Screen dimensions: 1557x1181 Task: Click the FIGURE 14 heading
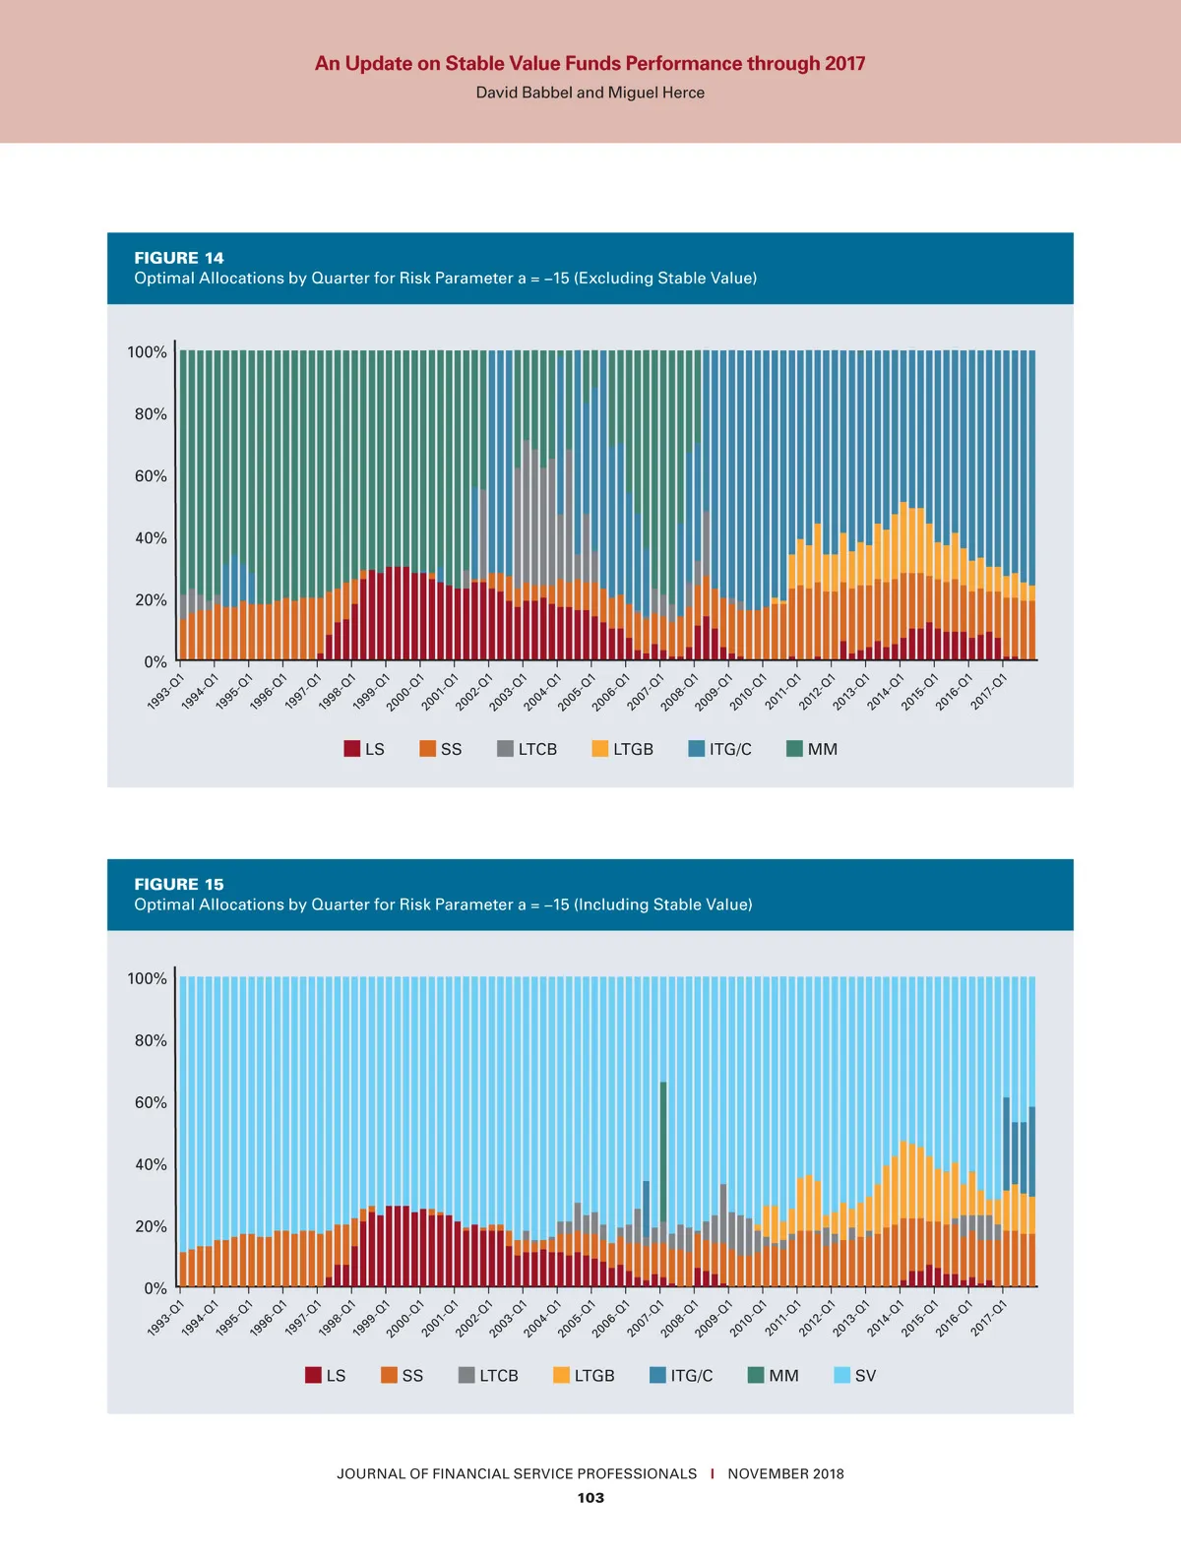pyautogui.click(x=179, y=258)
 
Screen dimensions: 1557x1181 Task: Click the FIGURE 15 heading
pyautogui.click(x=179, y=884)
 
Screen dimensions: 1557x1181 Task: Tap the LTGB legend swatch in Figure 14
pyautogui.click(x=599, y=749)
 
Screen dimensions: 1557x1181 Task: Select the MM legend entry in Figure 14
pyautogui.click(x=812, y=749)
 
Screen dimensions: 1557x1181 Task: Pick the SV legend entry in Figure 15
pyautogui.click(x=854, y=1375)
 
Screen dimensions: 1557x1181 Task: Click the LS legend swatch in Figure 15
pyautogui.click(x=313, y=1375)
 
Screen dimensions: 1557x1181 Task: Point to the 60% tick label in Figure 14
pyautogui.click(x=151, y=476)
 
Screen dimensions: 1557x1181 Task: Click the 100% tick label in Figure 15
pyautogui.click(x=147, y=978)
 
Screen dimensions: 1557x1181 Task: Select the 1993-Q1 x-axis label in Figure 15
pyautogui.click(x=165, y=1318)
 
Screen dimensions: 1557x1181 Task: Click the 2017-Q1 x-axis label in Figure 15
pyautogui.click(x=989, y=1318)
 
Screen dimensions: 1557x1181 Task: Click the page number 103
pyautogui.click(x=590, y=1498)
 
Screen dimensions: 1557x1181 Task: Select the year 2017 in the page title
pyautogui.click(x=844, y=64)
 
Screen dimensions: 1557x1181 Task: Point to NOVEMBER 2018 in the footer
pyautogui.click(x=785, y=1473)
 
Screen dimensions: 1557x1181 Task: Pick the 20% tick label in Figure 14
pyautogui.click(x=151, y=600)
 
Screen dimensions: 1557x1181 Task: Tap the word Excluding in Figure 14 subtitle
pyautogui.click(x=617, y=279)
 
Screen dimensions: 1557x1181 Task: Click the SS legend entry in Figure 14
pyautogui.click(x=440, y=749)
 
